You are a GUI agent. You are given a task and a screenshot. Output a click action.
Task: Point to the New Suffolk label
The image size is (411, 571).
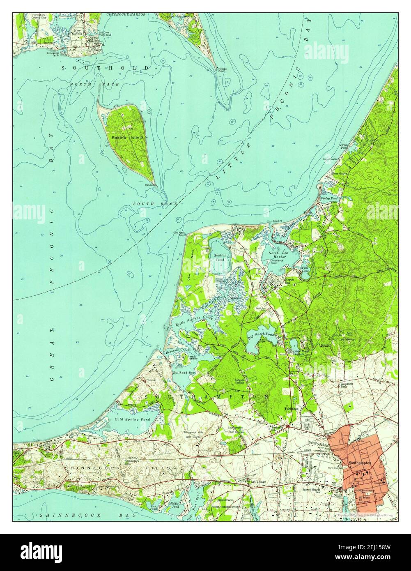coord(77,32)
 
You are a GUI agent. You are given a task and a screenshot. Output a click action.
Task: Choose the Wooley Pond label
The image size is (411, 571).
coord(328,198)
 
